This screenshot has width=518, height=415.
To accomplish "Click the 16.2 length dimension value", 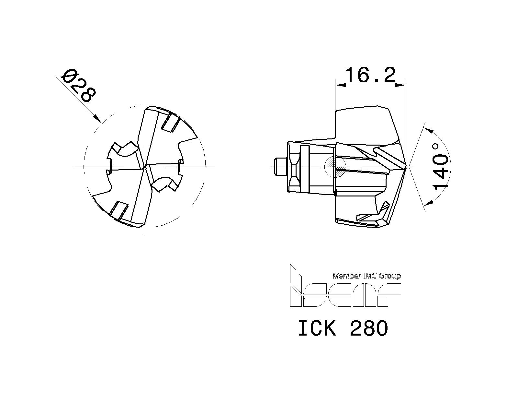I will click(370, 75).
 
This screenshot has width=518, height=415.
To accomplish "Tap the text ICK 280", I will click(343, 328).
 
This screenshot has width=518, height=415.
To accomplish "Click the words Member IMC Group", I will click(366, 276).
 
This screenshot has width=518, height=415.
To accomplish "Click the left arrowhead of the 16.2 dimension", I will click(340, 85).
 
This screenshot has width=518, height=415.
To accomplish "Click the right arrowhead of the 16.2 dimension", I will click(401, 85).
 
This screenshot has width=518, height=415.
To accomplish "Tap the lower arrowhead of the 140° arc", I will click(429, 203).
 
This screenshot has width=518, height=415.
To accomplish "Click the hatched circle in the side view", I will click(335, 167).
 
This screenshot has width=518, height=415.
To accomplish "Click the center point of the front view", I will click(145, 167).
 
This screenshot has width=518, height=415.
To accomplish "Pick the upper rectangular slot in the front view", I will click(170, 124).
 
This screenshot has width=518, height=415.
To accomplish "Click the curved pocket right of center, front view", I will click(164, 184).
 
